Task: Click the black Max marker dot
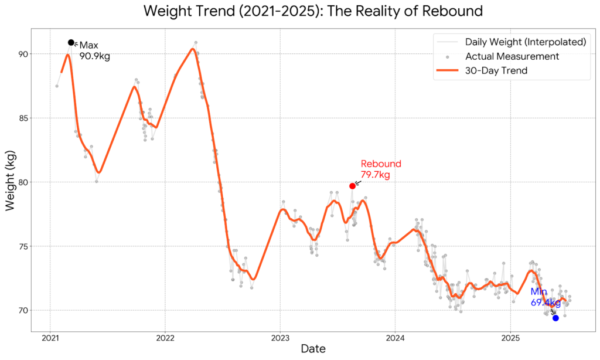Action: pyautogui.click(x=71, y=42)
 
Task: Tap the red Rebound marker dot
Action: pyautogui.click(x=352, y=186)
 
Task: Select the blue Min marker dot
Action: pyautogui.click(x=555, y=318)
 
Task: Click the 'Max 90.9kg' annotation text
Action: pyautogui.click(x=94, y=51)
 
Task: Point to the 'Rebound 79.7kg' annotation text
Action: pyautogui.click(x=380, y=169)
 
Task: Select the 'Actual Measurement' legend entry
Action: pyautogui.click(x=512, y=57)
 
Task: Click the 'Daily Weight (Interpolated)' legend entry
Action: pyautogui.click(x=525, y=42)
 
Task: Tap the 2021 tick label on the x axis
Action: pyautogui.click(x=50, y=339)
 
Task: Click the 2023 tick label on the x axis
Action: pyautogui.click(x=280, y=339)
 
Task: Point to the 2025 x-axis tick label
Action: pyautogui.click(x=510, y=339)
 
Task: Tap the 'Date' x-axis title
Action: pyautogui.click(x=313, y=349)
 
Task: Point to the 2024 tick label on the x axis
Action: pyautogui.click(x=395, y=339)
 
